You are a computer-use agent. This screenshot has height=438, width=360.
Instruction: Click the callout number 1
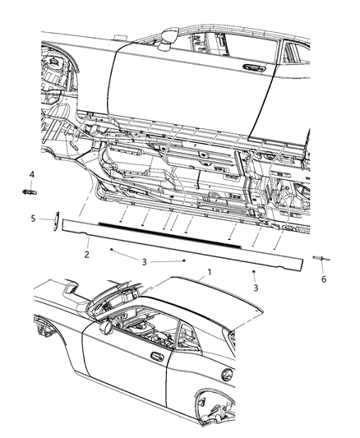coord(210,271)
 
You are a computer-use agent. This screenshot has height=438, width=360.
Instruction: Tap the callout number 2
coord(87,255)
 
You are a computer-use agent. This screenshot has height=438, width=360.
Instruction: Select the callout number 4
coord(31,173)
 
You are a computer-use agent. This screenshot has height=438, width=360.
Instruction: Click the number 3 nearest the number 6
coord(255,288)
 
